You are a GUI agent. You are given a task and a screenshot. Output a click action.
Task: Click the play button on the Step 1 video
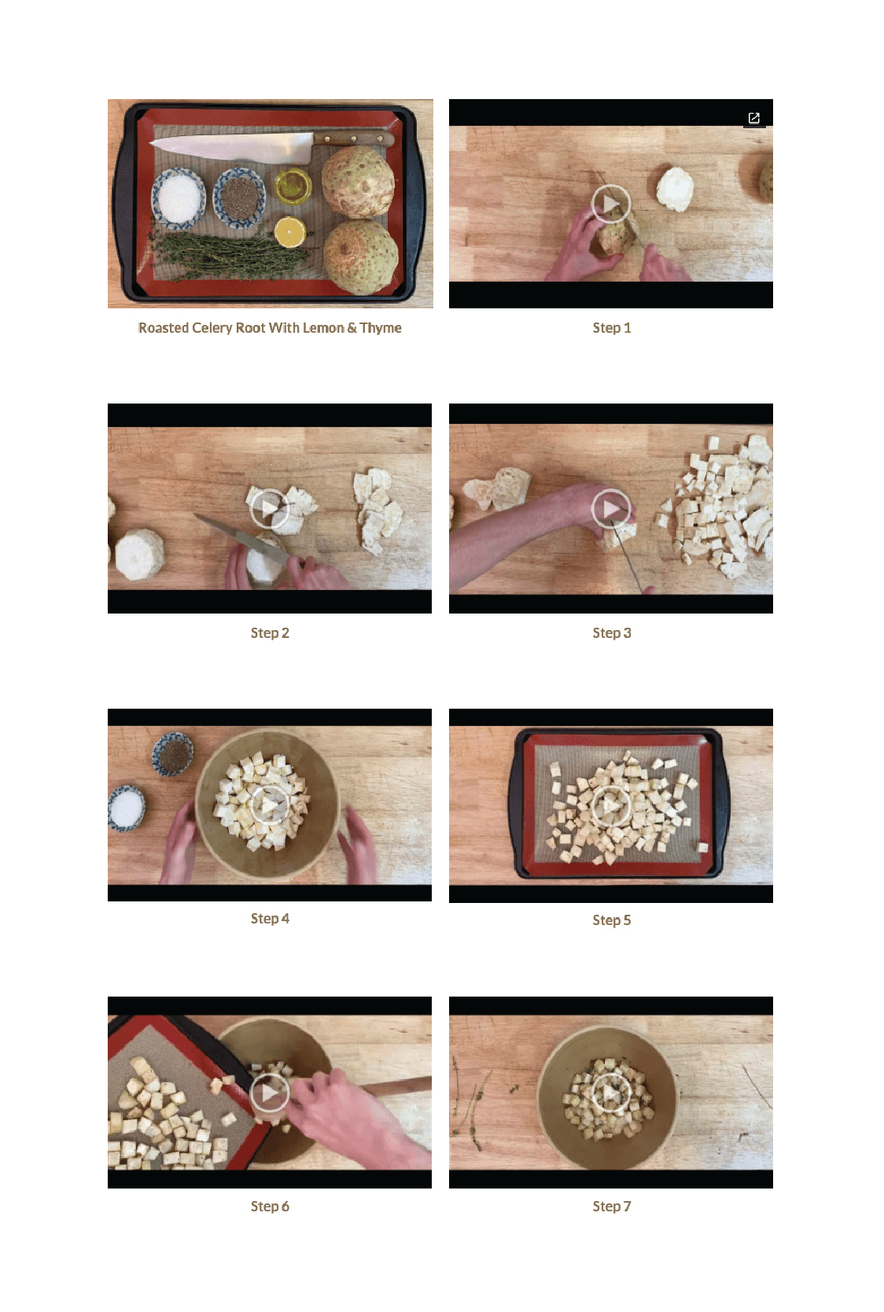tap(610, 204)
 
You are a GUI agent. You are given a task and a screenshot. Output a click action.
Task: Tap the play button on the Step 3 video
tap(610, 508)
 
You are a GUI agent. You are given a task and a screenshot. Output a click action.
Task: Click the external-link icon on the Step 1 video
tap(754, 118)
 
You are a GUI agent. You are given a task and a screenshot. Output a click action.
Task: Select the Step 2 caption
tap(270, 632)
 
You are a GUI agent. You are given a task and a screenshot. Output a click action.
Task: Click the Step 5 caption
tap(612, 920)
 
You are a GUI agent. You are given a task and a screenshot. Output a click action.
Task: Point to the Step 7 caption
tap(612, 1206)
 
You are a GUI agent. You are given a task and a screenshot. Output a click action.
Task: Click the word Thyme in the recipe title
tap(381, 328)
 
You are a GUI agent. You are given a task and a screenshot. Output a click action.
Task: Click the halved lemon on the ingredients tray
tap(290, 232)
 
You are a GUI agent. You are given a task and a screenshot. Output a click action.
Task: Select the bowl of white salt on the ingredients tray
tap(179, 196)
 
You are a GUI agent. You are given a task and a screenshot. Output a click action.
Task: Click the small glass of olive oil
tap(293, 186)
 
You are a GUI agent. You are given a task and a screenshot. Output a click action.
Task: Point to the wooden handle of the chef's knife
tap(353, 139)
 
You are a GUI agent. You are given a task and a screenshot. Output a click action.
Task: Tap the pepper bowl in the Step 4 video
tap(173, 754)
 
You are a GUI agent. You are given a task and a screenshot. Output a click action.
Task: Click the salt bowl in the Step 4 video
tap(126, 809)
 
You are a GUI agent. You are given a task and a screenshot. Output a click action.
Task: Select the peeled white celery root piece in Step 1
tap(675, 189)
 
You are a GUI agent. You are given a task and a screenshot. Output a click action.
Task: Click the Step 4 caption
tap(270, 919)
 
